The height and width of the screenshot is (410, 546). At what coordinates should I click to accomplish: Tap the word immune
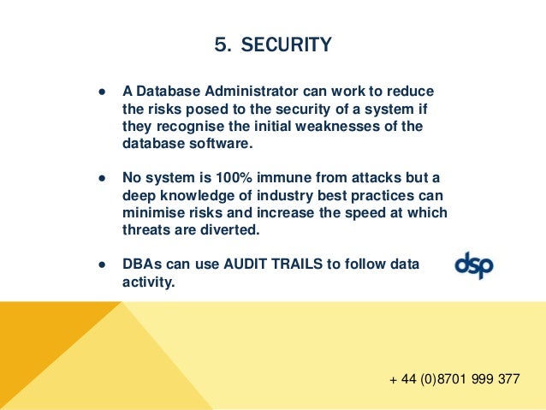click(274, 178)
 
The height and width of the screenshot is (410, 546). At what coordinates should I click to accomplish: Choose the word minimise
click(152, 212)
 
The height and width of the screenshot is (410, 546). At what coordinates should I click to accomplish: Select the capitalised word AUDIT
click(248, 264)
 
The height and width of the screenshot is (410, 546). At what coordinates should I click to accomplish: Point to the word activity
click(148, 282)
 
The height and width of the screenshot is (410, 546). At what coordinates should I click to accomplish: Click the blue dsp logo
click(473, 264)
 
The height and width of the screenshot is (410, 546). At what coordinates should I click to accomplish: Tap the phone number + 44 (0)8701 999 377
click(454, 378)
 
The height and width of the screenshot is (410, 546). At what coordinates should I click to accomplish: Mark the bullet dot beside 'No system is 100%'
click(102, 178)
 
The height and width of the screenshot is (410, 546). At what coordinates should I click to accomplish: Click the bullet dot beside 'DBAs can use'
click(102, 264)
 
